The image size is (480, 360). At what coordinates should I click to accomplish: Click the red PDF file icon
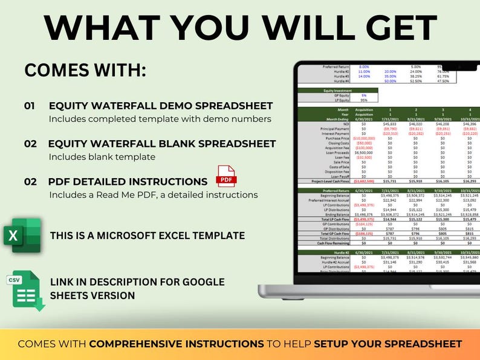pyautogui.click(x=226, y=176)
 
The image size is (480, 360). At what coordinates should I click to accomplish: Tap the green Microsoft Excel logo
pyautogui.click(x=22, y=236)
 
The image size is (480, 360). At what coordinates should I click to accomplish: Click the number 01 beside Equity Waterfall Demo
pyautogui.click(x=30, y=106)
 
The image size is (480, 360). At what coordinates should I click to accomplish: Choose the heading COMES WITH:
pyautogui.click(x=85, y=70)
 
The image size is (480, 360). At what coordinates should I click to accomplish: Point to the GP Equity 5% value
pyautogui.click(x=364, y=95)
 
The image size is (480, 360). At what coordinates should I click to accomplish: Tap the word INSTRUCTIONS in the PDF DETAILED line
pyautogui.click(x=171, y=181)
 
